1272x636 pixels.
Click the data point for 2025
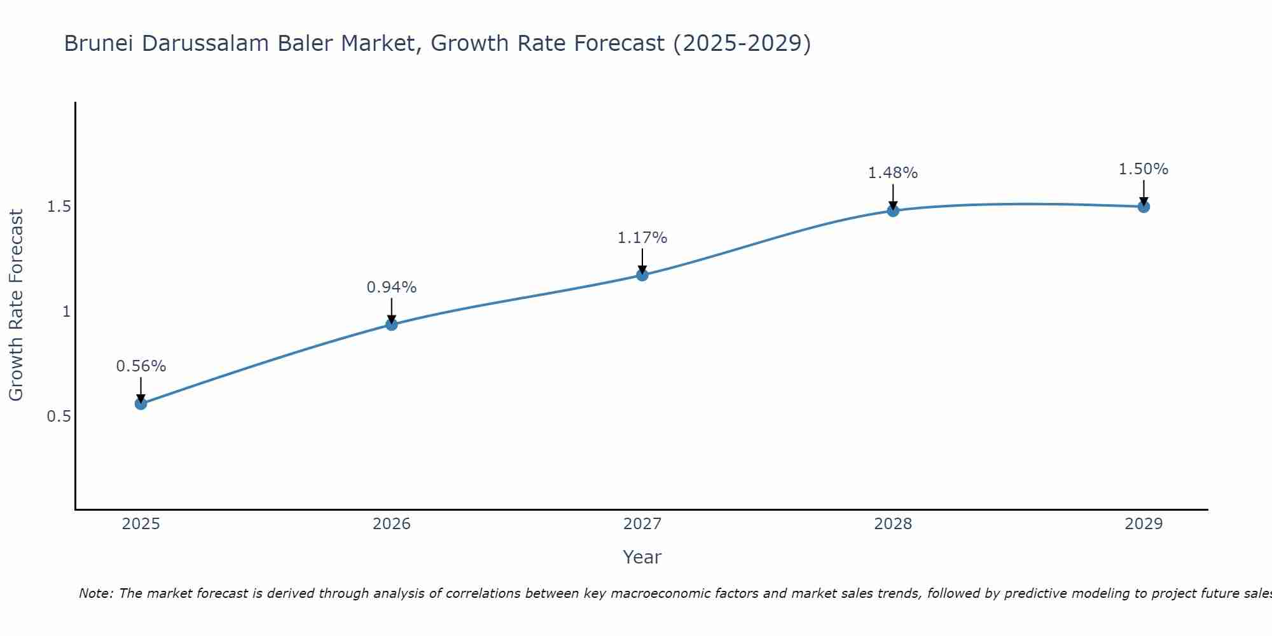point(141,404)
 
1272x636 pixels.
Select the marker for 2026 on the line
point(392,324)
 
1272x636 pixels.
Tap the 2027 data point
point(642,275)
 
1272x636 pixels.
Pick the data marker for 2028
point(893,211)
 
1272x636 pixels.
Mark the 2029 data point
point(1144,207)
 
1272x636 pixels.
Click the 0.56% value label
point(141,366)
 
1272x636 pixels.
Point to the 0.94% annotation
point(392,287)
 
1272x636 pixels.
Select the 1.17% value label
point(642,238)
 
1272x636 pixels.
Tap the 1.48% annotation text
point(893,173)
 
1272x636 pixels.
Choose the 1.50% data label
point(1144,169)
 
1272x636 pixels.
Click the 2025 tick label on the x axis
point(141,524)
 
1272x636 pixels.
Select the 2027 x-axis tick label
point(642,524)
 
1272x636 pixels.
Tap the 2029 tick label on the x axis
point(1144,524)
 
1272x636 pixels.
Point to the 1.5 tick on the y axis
point(59,207)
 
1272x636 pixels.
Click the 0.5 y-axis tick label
point(59,417)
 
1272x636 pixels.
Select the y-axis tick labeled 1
point(66,312)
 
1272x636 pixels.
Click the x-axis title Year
point(642,557)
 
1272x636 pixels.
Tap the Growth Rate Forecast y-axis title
point(16,305)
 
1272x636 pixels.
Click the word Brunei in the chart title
point(99,44)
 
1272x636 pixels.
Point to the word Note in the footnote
point(95,593)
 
